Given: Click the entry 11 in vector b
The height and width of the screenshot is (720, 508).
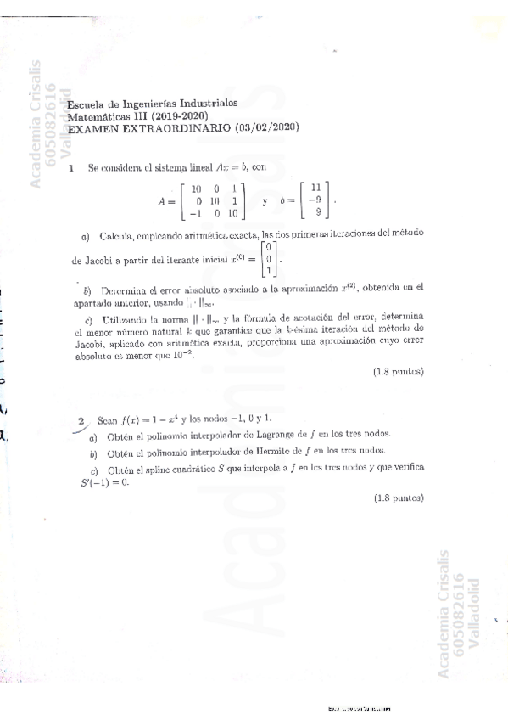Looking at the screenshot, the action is pos(315,188).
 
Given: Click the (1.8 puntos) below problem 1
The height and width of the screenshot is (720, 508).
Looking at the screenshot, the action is pos(398,372).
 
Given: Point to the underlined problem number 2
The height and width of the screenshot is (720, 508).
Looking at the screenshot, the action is pos(81,420).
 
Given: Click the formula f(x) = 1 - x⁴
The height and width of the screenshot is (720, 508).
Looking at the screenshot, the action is pos(148,419).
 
